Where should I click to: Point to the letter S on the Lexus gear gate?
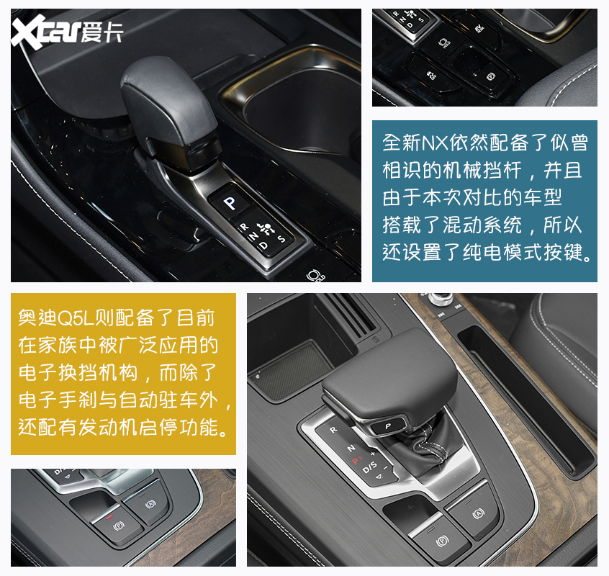tap(281, 238)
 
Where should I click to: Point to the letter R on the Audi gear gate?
tap(333, 429)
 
